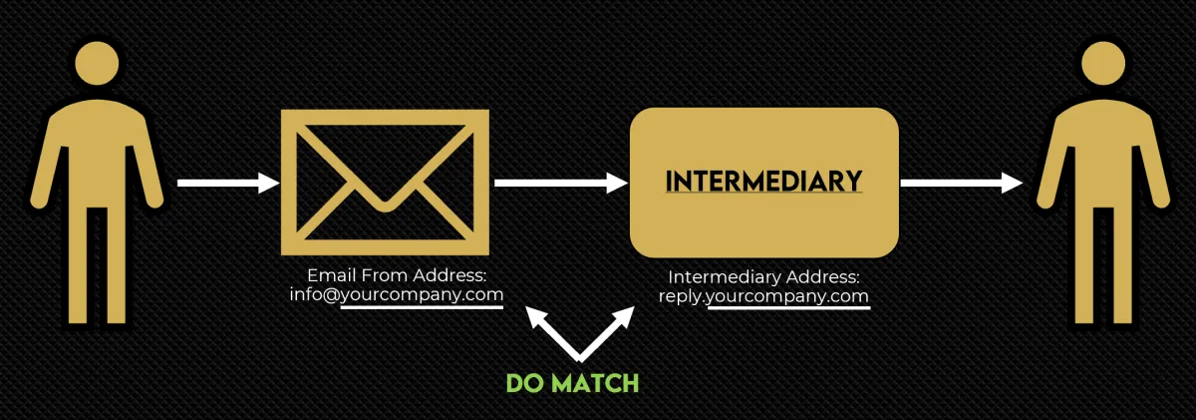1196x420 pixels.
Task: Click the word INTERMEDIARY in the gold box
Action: coord(764,181)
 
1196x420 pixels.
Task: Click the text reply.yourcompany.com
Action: coord(763,296)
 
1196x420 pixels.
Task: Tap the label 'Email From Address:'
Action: coord(396,275)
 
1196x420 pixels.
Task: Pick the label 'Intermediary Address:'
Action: coord(763,277)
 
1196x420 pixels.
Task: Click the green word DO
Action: coord(525,383)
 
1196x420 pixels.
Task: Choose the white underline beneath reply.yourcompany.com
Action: coord(788,308)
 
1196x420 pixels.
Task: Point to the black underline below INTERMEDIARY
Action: coord(764,196)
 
